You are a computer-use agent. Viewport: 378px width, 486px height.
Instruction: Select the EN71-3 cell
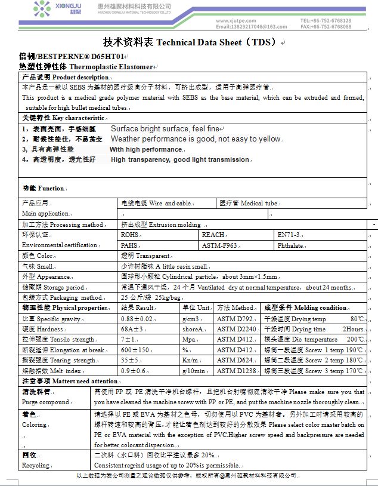pyautogui.click(x=290, y=235)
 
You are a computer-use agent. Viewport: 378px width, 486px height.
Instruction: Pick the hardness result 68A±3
pyautogui.click(x=131, y=329)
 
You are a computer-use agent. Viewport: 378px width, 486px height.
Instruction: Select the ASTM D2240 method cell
pyautogui.click(x=236, y=329)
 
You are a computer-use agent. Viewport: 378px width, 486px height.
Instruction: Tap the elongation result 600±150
pyautogui.click(x=135, y=350)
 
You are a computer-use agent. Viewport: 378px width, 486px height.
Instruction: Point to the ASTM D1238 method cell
pyautogui.click(x=236, y=371)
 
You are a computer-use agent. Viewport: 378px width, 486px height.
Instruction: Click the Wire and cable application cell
pyautogui.click(x=156, y=203)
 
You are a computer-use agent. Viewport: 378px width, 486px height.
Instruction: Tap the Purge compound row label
pyautogui.click(x=45, y=402)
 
